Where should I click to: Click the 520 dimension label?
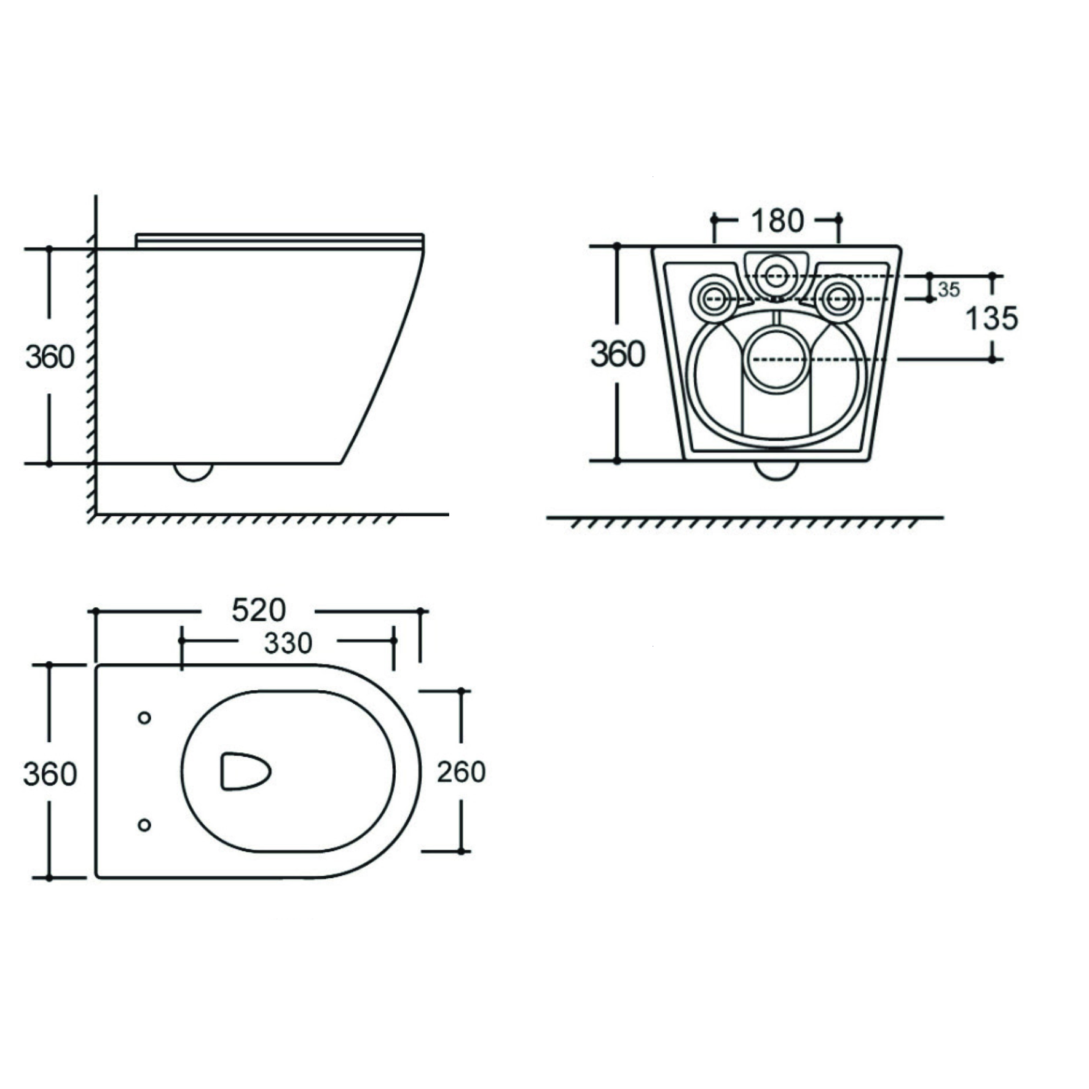259,610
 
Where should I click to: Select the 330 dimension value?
288,643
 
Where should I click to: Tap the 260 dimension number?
461,772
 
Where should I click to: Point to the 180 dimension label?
777,221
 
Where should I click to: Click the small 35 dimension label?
949,289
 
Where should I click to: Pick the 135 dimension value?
992,318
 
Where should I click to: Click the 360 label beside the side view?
50,357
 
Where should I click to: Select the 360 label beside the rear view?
618,355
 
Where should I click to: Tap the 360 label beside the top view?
50,774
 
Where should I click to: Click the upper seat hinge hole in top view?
144,717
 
